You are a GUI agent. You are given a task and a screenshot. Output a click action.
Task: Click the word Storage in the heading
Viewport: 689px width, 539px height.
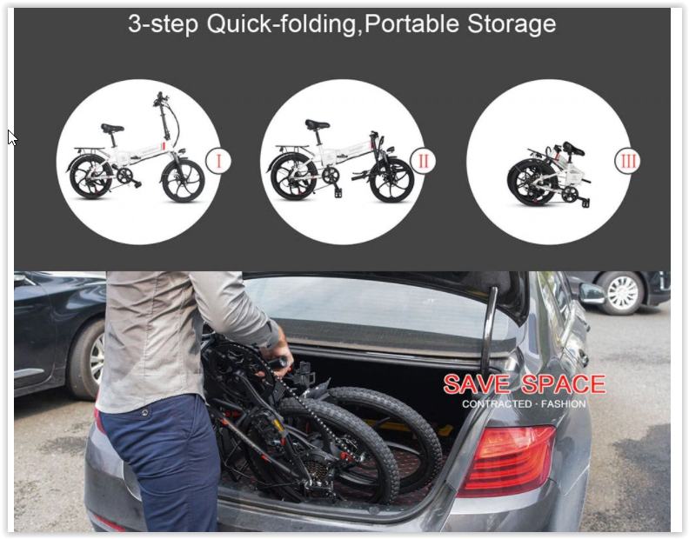pos(512,24)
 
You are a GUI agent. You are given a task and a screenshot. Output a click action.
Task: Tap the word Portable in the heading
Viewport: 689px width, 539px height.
pos(412,23)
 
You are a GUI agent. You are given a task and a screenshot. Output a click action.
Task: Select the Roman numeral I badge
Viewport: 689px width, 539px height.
pos(218,161)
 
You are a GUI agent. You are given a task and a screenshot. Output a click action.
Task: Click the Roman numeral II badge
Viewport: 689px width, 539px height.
pos(423,161)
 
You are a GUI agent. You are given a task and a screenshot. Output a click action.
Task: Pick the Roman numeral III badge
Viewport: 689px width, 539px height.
pos(627,161)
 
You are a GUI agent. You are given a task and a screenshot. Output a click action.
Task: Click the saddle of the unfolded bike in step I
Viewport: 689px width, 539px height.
pos(112,129)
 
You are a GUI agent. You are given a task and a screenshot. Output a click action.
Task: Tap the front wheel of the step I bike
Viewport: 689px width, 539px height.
pos(184,180)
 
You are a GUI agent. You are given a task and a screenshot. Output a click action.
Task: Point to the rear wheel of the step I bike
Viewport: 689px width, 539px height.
pos(91,177)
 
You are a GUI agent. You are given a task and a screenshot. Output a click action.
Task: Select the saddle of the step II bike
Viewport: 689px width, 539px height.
pos(317,124)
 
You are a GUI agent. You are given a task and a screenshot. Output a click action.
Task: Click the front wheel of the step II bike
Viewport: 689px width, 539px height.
pos(392,180)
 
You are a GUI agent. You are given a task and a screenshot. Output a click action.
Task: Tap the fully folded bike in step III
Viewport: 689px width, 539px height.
pos(549,174)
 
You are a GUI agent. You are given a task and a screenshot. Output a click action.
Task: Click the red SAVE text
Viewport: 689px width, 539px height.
pos(478,384)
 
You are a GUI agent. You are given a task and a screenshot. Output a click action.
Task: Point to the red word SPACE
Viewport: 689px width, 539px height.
pos(563,384)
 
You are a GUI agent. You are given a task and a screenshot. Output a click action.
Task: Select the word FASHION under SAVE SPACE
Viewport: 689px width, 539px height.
pos(564,404)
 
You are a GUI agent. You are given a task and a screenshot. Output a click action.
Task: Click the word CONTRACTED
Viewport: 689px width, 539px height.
pos(497,404)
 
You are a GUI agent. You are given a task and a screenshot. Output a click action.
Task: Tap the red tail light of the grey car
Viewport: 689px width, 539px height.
pos(507,460)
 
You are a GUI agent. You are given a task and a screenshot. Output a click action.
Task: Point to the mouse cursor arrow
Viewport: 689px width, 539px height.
pos(12,138)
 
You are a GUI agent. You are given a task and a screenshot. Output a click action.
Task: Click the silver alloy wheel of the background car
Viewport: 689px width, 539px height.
pos(623,294)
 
